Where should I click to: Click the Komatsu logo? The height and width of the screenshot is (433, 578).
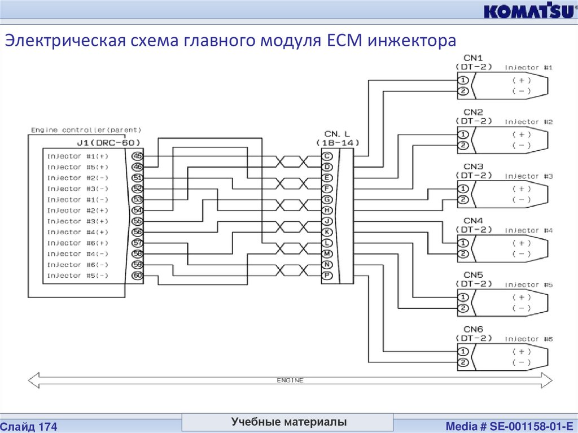[529, 11]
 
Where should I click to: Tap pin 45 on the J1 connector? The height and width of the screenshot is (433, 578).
[137, 156]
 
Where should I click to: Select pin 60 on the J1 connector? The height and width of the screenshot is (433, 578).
[137, 275]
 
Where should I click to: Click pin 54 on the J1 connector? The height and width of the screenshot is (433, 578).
[137, 211]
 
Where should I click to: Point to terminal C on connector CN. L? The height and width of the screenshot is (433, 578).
[326, 156]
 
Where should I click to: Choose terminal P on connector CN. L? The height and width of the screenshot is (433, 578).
[326, 275]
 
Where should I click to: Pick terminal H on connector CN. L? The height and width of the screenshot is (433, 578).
[326, 211]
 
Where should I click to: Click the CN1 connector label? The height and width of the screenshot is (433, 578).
[473, 58]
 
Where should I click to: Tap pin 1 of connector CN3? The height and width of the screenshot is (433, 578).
[463, 189]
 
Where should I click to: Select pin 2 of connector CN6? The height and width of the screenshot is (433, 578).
[463, 362]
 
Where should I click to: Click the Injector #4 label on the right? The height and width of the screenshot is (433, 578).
[528, 231]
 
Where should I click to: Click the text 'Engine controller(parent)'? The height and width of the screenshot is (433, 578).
[86, 130]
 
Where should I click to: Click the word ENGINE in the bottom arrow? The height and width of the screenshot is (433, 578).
[290, 380]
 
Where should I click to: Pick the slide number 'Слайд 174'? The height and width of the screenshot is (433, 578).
[29, 427]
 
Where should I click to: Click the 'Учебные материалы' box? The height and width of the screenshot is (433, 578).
[288, 422]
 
